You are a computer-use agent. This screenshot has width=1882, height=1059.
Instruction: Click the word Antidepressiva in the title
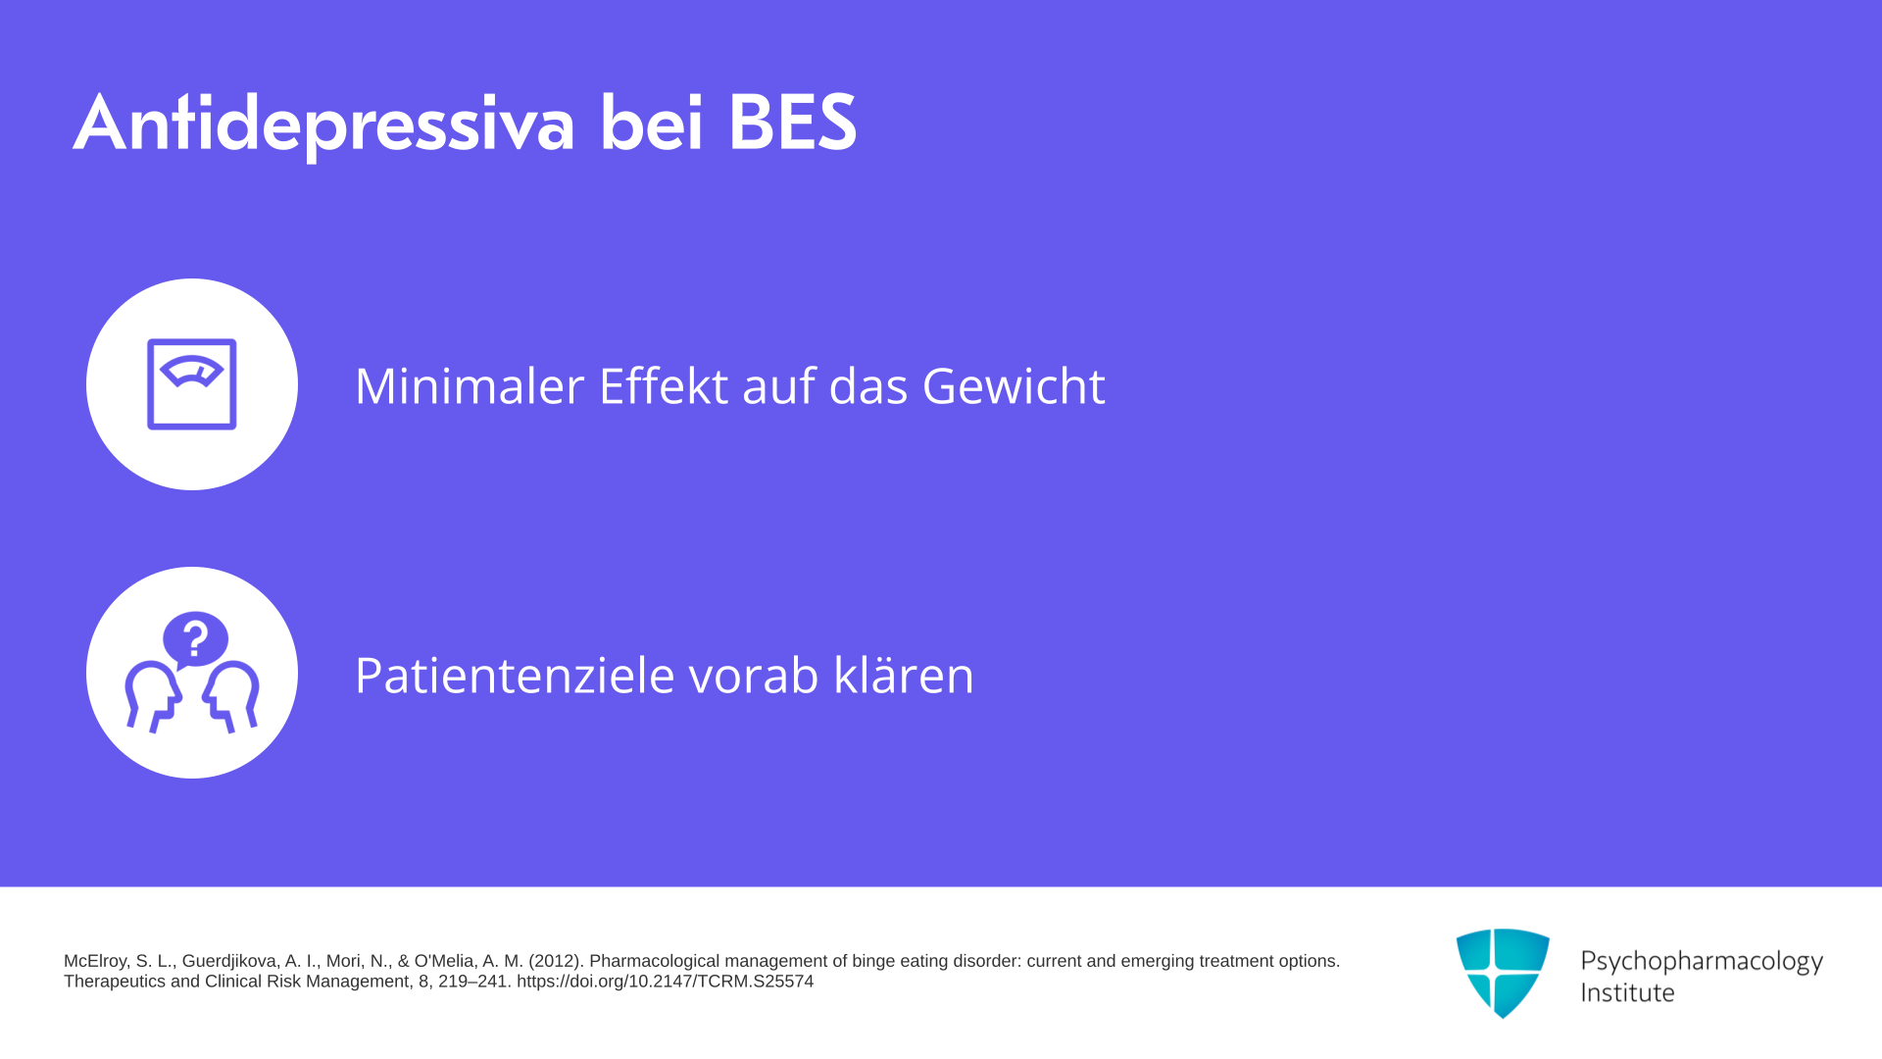(323, 124)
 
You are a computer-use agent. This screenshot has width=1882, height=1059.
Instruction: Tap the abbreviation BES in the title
(792, 123)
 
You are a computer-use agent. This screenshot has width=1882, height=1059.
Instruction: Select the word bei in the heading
(652, 123)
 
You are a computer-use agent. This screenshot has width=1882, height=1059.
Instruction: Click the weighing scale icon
(192, 384)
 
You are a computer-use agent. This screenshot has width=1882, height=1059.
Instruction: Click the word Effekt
(664, 385)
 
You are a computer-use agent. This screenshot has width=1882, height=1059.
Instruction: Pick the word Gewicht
(1014, 386)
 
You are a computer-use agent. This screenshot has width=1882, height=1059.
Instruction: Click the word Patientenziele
(515, 675)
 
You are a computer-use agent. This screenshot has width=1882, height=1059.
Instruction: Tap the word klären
(904, 675)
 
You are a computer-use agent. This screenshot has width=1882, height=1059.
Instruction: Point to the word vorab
(754, 675)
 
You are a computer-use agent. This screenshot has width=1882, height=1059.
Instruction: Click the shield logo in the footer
(1503, 973)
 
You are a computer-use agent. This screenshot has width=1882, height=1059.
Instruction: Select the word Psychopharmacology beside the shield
(1702, 961)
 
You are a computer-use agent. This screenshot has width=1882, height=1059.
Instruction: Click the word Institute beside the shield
(1627, 993)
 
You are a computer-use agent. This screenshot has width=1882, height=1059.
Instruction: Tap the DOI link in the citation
(665, 982)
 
